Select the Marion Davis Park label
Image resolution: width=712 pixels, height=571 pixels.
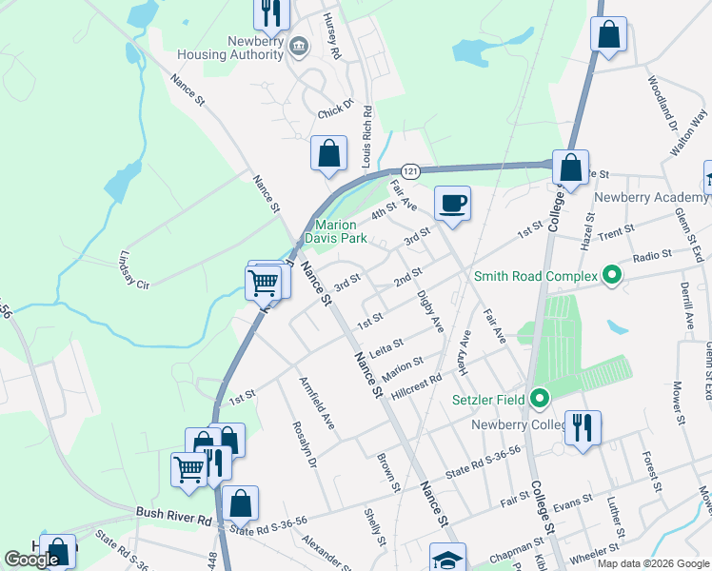tap(330, 231)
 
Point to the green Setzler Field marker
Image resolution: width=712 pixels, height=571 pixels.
tap(540, 398)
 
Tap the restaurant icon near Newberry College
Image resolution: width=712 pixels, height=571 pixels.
tap(581, 427)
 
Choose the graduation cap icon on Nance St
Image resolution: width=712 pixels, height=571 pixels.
tap(447, 559)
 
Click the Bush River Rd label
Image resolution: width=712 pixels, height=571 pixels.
tap(172, 520)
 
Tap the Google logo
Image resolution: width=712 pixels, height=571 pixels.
tap(31, 560)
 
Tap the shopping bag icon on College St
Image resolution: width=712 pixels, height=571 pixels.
tap(571, 167)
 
